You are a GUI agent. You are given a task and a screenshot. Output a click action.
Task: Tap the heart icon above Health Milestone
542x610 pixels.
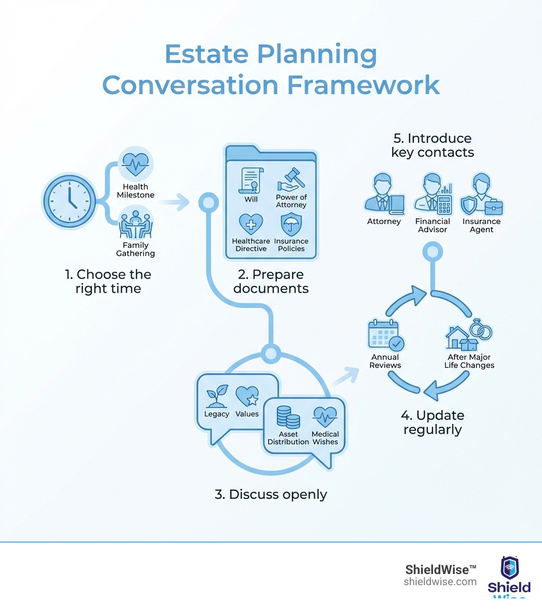(x=135, y=164)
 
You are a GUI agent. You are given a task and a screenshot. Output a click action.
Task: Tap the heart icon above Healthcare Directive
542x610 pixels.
(x=251, y=224)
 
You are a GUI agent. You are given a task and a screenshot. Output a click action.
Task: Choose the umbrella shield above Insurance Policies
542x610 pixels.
(x=292, y=225)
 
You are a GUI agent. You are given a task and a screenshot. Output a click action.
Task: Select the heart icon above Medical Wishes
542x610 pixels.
(x=325, y=417)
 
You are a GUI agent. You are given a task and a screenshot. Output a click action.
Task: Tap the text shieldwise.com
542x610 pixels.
(x=440, y=582)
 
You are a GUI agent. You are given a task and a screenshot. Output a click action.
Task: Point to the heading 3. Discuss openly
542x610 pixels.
(x=271, y=494)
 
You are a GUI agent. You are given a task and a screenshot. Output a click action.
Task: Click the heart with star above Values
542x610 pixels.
(x=247, y=396)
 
